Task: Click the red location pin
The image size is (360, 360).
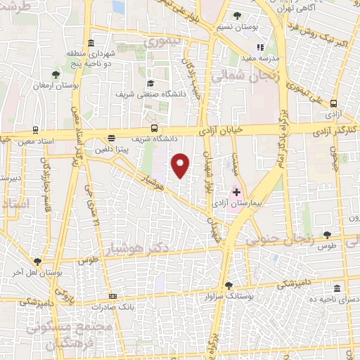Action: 181,165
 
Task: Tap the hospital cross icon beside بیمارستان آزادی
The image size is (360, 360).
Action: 236,191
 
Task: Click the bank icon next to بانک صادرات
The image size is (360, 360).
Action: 114,297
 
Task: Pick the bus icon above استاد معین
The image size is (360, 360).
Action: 35,131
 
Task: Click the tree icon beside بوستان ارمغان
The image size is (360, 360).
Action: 56,74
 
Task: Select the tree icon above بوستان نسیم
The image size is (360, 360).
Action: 237,15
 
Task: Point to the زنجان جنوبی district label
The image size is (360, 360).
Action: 280,239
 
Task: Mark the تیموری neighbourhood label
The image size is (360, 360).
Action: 163,42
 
